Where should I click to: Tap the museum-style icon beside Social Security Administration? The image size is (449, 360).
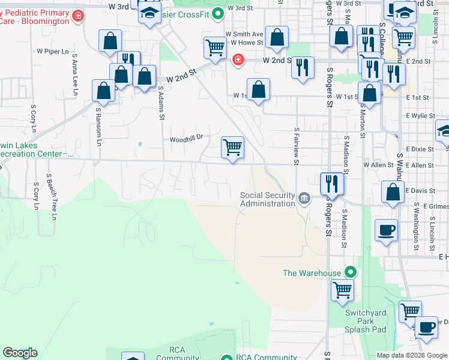(x=304, y=199)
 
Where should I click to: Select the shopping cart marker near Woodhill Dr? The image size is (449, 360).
(x=232, y=146)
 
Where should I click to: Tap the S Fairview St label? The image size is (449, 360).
(x=297, y=146)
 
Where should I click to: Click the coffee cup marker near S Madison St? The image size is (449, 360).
(x=387, y=230)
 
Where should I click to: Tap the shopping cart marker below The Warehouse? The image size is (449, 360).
(x=342, y=290)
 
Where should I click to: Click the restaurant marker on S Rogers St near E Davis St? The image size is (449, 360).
(x=332, y=182)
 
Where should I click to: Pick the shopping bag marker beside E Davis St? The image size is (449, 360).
(x=393, y=193)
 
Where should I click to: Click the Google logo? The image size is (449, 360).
(x=20, y=353)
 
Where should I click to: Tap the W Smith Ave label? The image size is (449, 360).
(x=244, y=35)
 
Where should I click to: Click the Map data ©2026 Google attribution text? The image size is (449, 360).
(x=412, y=355)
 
